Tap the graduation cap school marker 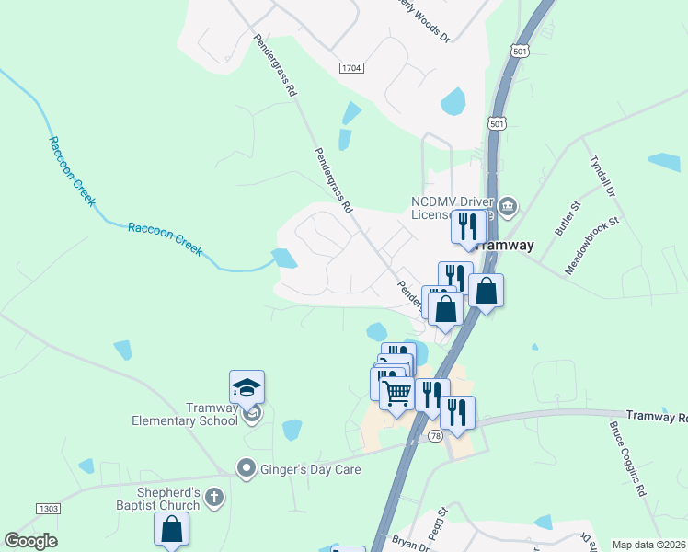247,387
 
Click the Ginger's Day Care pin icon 247,469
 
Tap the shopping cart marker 396,394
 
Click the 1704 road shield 351,68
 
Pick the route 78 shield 435,435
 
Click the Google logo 30,541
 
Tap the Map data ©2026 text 649,545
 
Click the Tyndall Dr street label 607,175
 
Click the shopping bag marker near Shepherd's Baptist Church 171,530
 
